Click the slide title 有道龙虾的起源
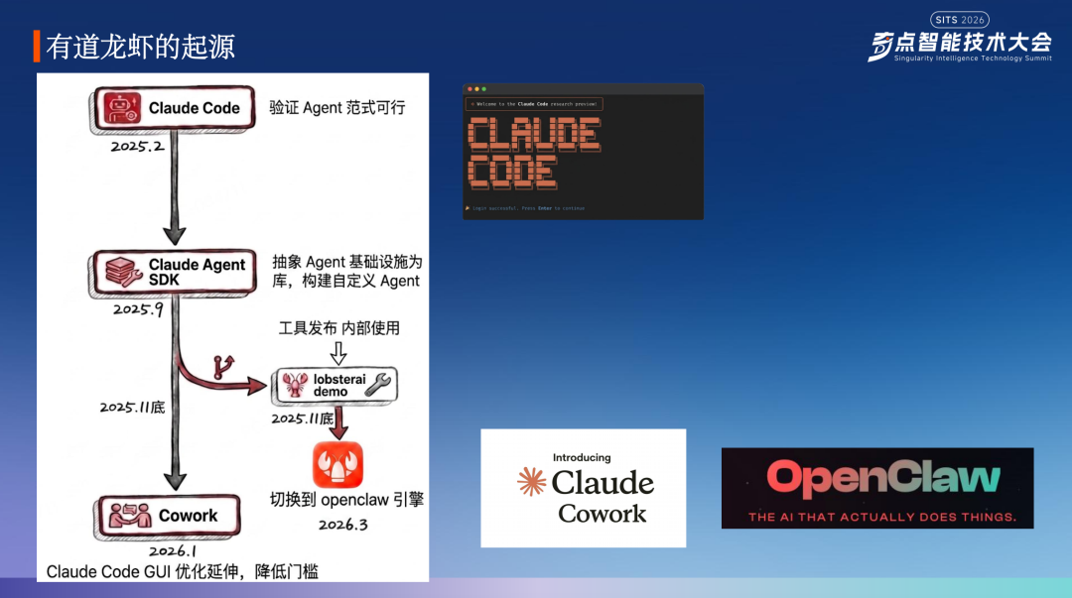(x=140, y=47)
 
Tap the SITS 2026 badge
(x=959, y=19)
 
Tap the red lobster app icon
(x=337, y=464)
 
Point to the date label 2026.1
(x=173, y=551)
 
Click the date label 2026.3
(x=342, y=525)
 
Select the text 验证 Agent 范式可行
(x=337, y=107)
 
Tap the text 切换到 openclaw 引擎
(x=346, y=499)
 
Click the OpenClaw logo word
(x=882, y=479)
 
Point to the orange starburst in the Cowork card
(x=532, y=482)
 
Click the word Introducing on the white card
(x=582, y=458)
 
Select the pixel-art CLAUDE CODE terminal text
(x=533, y=152)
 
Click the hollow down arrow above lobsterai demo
(x=338, y=352)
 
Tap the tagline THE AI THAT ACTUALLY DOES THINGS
(x=882, y=517)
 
